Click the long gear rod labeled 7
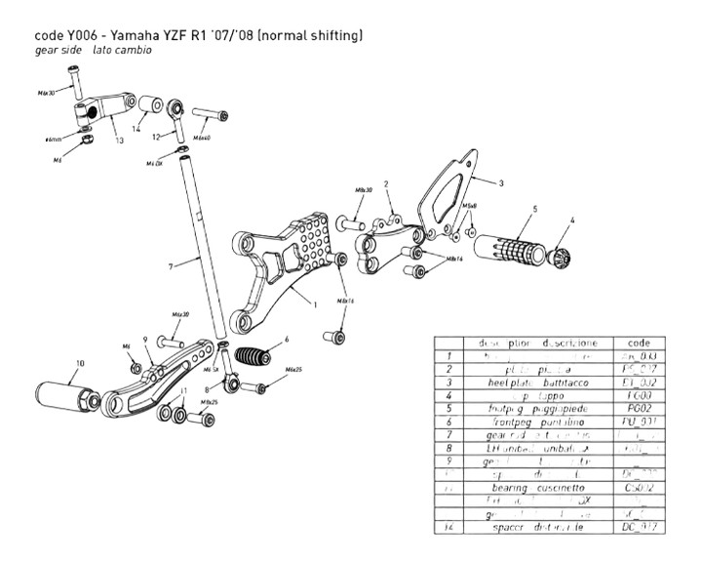(200, 244)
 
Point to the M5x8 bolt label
(469, 207)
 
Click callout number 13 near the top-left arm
(119, 141)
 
